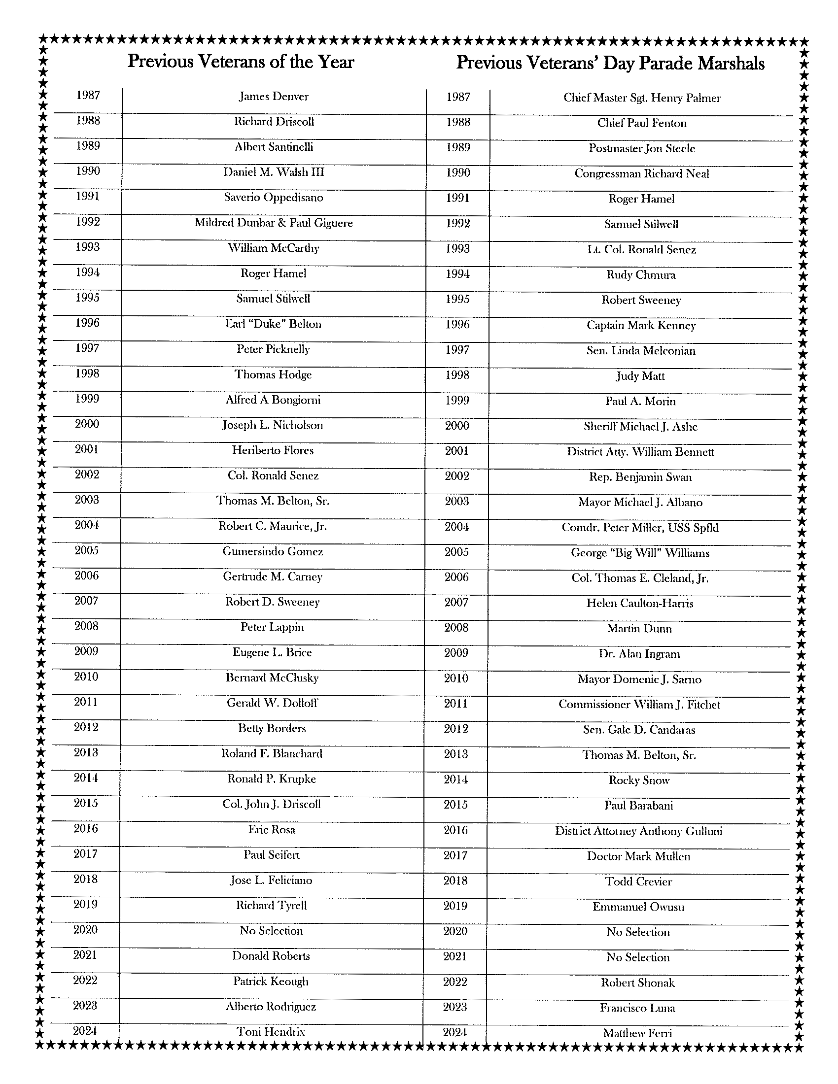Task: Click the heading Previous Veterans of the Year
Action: pos(241,62)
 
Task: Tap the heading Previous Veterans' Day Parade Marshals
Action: pos(610,63)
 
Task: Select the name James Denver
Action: pos(274,96)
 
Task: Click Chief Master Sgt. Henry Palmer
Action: pos(642,98)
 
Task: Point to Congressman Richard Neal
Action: pos(642,174)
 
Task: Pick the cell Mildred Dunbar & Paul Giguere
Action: pos(274,223)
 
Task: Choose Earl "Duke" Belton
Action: pos(273,324)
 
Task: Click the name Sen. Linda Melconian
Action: pos(641,351)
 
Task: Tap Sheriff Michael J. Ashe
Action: pos(640,427)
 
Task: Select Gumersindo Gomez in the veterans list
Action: pos(273,551)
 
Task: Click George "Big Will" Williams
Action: pos(640,553)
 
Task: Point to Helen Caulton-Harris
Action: pos(639,604)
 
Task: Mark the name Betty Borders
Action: pos(272,728)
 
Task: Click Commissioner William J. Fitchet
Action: pos(639,704)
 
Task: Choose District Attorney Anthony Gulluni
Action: pos(638,831)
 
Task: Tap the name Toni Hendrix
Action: pos(271,1032)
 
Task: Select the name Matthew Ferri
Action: pos(637,1033)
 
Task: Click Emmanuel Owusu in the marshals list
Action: pos(638,907)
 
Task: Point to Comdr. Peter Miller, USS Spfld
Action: pos(640,527)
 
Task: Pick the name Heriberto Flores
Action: pos(273,450)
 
